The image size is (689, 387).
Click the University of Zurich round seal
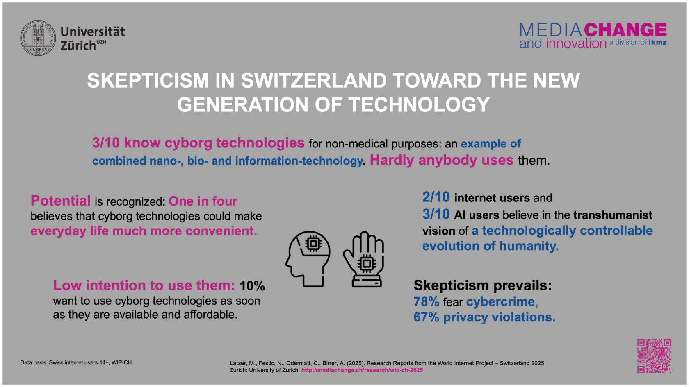coord(38,38)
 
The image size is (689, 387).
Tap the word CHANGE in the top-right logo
coord(625,30)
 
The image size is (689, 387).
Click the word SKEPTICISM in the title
coord(148,81)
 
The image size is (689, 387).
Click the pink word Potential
coord(61,201)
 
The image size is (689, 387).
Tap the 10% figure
coord(252,286)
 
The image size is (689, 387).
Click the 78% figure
coord(426,302)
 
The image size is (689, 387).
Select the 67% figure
coord(426,317)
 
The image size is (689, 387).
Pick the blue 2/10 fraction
coord(436,197)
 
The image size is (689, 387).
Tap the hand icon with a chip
coord(364,259)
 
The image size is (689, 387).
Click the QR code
coord(654,355)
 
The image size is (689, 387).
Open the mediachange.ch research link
coord(362,370)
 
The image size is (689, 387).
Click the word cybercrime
coord(501,302)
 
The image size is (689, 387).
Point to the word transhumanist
coord(613,215)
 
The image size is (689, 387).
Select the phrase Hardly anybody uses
coord(441,160)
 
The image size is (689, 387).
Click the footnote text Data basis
coord(76,362)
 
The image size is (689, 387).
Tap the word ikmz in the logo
coord(657,42)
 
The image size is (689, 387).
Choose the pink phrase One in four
coord(203,201)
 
